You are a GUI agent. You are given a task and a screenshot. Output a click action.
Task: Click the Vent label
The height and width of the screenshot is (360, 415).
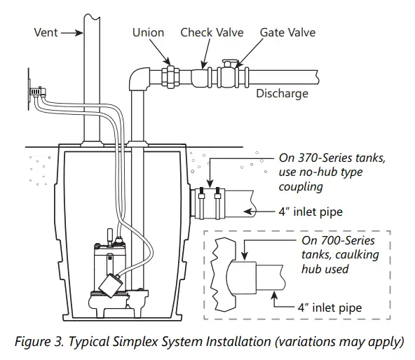pyautogui.click(x=46, y=32)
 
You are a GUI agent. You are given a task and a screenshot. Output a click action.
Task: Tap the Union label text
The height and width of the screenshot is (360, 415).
pyautogui.click(x=148, y=32)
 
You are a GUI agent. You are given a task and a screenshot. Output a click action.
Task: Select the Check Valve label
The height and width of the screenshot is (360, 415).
pyautogui.click(x=212, y=32)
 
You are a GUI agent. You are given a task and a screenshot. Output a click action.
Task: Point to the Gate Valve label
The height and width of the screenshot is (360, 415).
pyautogui.click(x=287, y=32)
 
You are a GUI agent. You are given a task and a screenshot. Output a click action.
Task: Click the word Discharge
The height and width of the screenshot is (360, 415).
pyautogui.click(x=282, y=92)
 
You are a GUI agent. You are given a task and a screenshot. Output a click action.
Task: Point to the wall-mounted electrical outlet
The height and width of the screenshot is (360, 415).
pyautogui.click(x=36, y=90)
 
